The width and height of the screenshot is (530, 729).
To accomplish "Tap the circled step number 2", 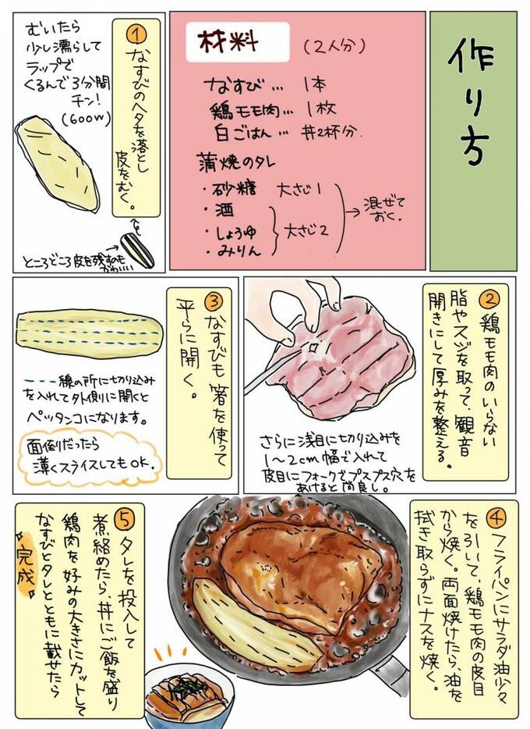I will [x=489, y=297].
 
